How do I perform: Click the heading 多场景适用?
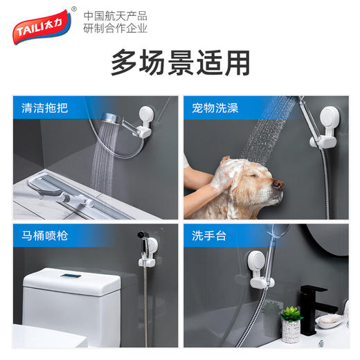pos(179,63)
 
